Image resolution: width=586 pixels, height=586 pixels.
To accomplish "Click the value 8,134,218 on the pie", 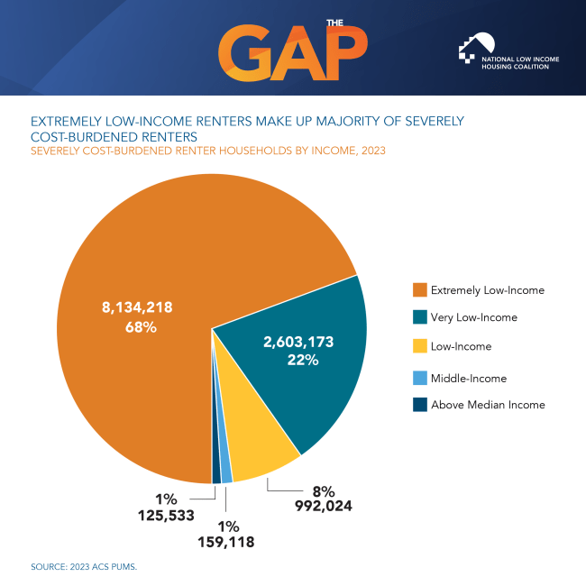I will (x=136, y=307).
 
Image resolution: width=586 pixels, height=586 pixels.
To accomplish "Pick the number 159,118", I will (x=225, y=542).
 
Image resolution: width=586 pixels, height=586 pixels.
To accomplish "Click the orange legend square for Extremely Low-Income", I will (x=419, y=290).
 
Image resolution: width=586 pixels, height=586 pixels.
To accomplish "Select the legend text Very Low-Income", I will (x=474, y=317).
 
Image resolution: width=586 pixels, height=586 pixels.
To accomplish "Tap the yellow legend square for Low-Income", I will (x=419, y=345).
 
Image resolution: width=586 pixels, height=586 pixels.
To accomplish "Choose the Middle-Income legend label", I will (x=469, y=379).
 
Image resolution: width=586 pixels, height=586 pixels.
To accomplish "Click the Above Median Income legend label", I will (x=488, y=405).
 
